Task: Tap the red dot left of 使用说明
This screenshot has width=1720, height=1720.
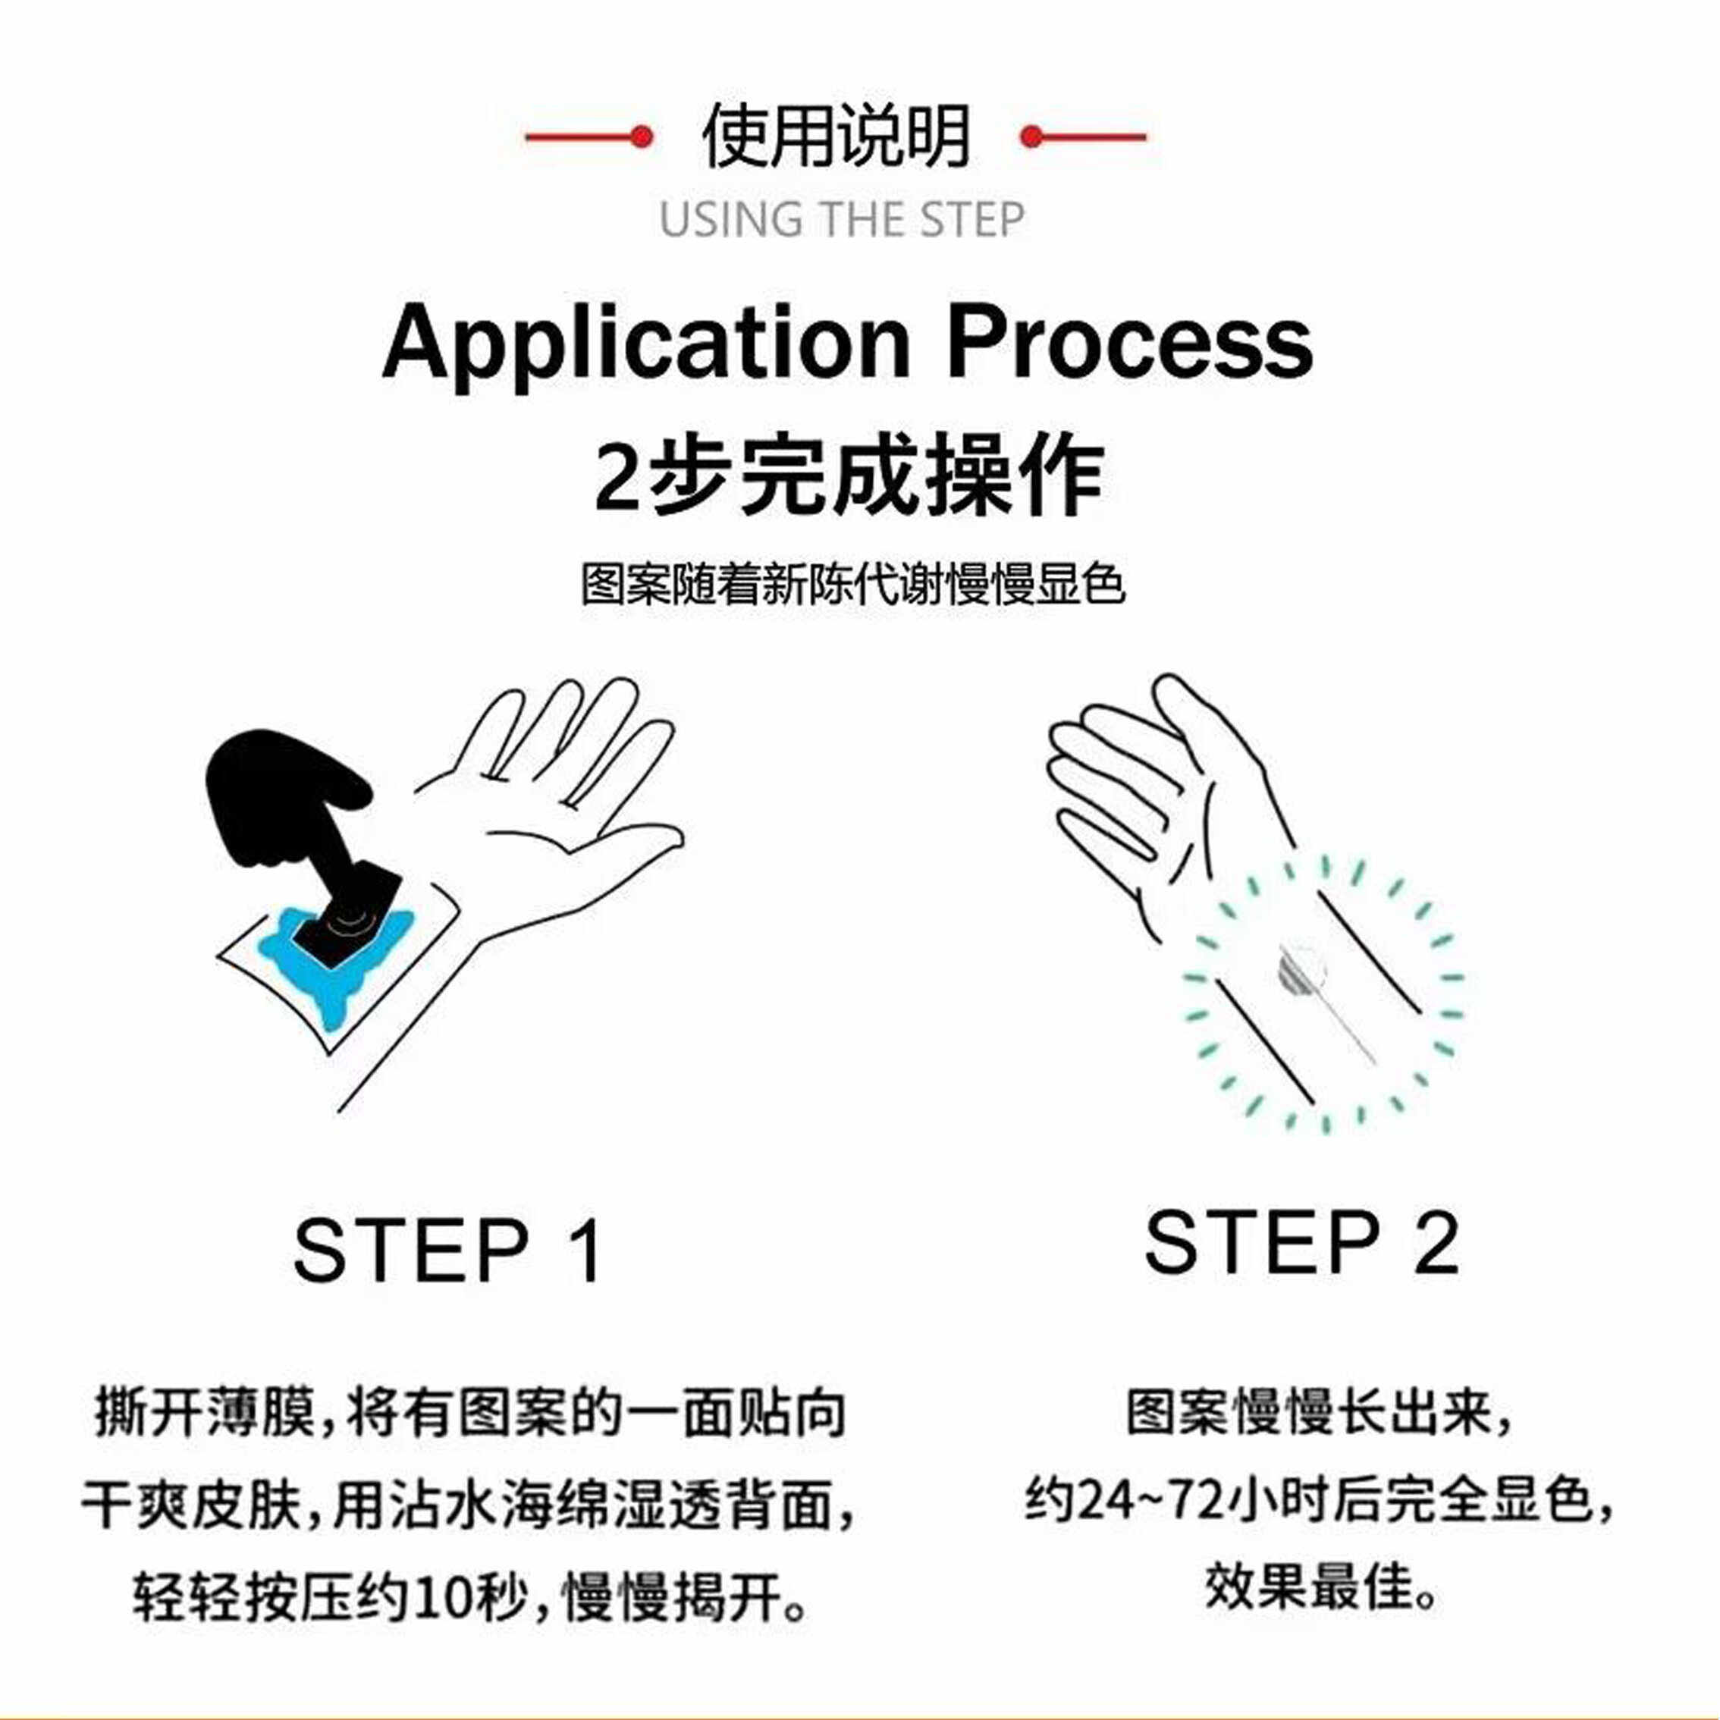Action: pyautogui.click(x=640, y=137)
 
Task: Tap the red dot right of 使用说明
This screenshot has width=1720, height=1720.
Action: pyautogui.click(x=1031, y=137)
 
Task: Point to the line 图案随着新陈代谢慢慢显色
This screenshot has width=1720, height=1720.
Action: pyautogui.click(x=853, y=585)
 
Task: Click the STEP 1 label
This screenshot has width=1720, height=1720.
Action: pyautogui.click(x=447, y=1251)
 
